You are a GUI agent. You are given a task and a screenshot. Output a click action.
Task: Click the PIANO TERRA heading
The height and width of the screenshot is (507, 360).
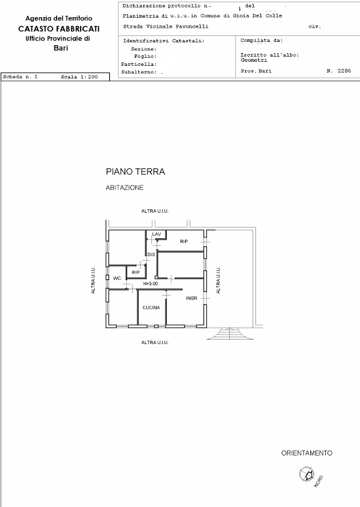tap(135, 171)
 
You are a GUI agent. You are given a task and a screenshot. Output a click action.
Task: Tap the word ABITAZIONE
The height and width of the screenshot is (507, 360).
tap(125, 188)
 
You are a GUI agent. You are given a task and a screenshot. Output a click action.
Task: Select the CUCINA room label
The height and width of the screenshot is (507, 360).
tap(151, 308)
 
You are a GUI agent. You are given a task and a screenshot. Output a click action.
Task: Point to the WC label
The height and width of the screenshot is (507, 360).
tap(117, 278)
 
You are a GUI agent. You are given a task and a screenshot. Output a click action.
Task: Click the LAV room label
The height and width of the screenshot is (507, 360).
tap(157, 234)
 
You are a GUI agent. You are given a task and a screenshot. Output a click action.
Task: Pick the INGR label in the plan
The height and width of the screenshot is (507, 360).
tap(191, 298)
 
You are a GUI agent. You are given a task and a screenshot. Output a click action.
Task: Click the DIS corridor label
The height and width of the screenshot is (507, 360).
tap(151, 254)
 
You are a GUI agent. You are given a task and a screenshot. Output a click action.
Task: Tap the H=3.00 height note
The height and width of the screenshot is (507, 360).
tap(151, 284)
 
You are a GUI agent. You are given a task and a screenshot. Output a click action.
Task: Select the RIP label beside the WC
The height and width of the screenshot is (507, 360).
tap(136, 273)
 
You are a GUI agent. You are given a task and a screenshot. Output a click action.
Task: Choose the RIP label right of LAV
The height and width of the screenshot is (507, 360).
tap(184, 242)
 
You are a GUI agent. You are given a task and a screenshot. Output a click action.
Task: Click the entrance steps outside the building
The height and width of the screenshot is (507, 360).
tap(230, 333)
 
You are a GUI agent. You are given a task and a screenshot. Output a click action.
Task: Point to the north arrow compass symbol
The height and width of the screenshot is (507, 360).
tap(307, 474)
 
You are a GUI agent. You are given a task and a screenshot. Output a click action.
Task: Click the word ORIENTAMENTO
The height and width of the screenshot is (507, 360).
tap(307, 453)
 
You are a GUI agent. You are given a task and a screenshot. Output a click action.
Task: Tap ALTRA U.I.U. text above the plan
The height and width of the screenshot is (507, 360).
tap(155, 211)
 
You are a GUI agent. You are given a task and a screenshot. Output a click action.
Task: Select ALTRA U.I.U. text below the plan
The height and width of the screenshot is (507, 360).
tap(155, 342)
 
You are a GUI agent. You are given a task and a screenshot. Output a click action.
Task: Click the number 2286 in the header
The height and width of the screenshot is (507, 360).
tap(344, 71)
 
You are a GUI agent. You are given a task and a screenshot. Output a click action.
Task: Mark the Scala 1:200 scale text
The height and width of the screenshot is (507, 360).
tap(79, 77)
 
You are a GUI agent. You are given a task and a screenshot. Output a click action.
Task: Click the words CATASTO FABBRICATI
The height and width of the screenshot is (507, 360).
tap(59, 29)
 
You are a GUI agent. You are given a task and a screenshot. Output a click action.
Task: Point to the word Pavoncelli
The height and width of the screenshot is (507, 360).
tap(192, 26)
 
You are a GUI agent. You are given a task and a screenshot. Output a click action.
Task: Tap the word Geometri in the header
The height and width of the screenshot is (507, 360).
tap(254, 60)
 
